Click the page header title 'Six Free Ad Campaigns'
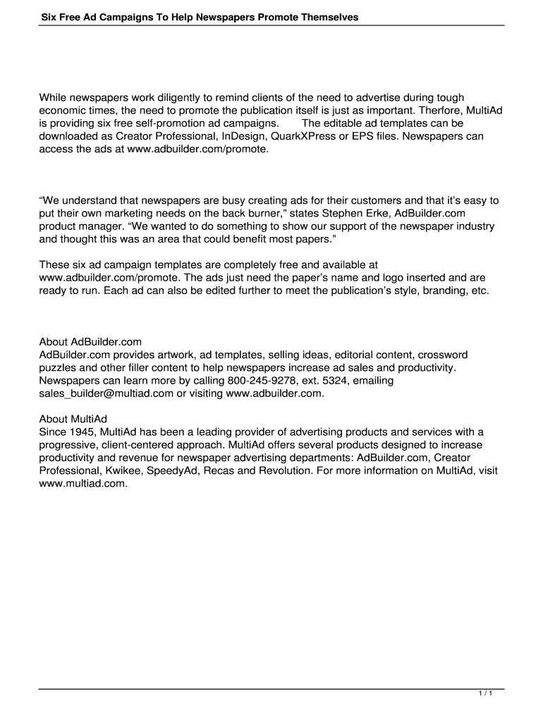200,16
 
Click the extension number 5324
313,381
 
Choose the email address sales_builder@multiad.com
106,393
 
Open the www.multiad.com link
83,484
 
